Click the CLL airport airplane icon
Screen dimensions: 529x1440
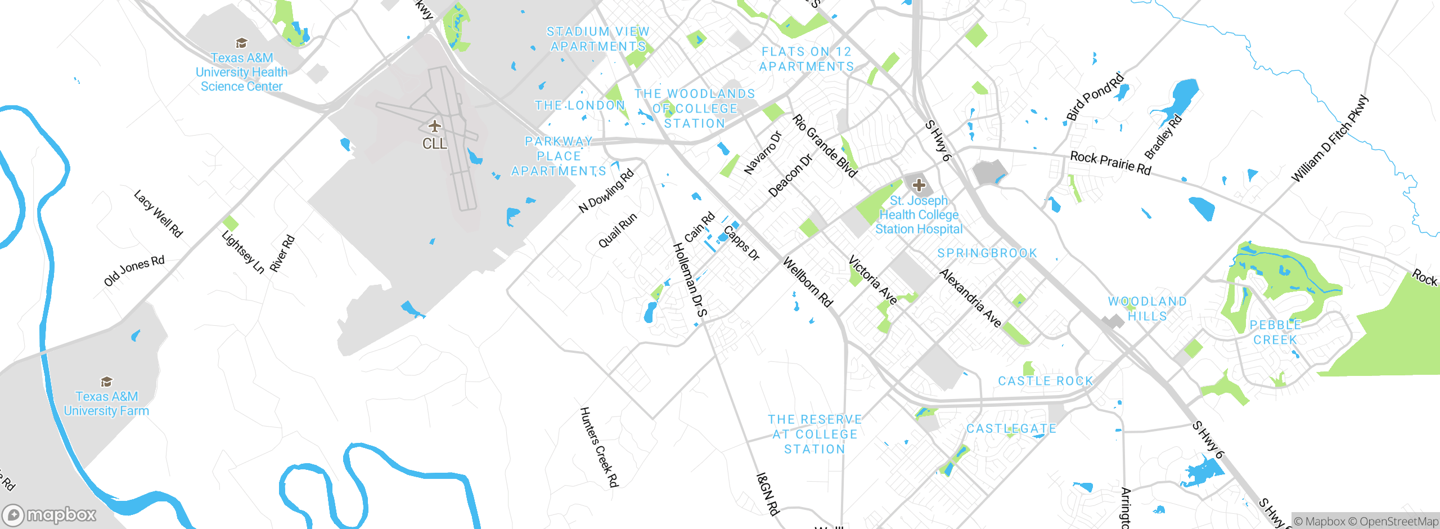[434, 125]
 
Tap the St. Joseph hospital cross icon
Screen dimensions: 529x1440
[919, 185]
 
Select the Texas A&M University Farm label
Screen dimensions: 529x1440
[106, 404]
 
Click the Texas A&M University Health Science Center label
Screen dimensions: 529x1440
[241, 72]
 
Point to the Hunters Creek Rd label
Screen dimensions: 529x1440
[599, 447]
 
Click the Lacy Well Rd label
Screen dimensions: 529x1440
[159, 214]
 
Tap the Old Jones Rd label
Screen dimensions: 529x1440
[134, 271]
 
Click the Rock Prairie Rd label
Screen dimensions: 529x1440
[1110, 163]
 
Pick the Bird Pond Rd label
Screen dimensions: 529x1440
[1095, 97]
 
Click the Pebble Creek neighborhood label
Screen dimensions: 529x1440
[1275, 332]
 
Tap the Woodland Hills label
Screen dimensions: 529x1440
[1147, 309]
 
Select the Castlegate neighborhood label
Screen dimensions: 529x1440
[1011, 429]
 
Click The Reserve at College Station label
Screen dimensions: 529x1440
[814, 434]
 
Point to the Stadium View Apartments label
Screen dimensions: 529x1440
[598, 39]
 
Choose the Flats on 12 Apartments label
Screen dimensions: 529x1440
[807, 59]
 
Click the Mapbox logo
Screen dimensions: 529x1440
[49, 514]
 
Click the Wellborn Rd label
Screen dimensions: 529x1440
[808, 282]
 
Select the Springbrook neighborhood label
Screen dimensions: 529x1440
[987, 253]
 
